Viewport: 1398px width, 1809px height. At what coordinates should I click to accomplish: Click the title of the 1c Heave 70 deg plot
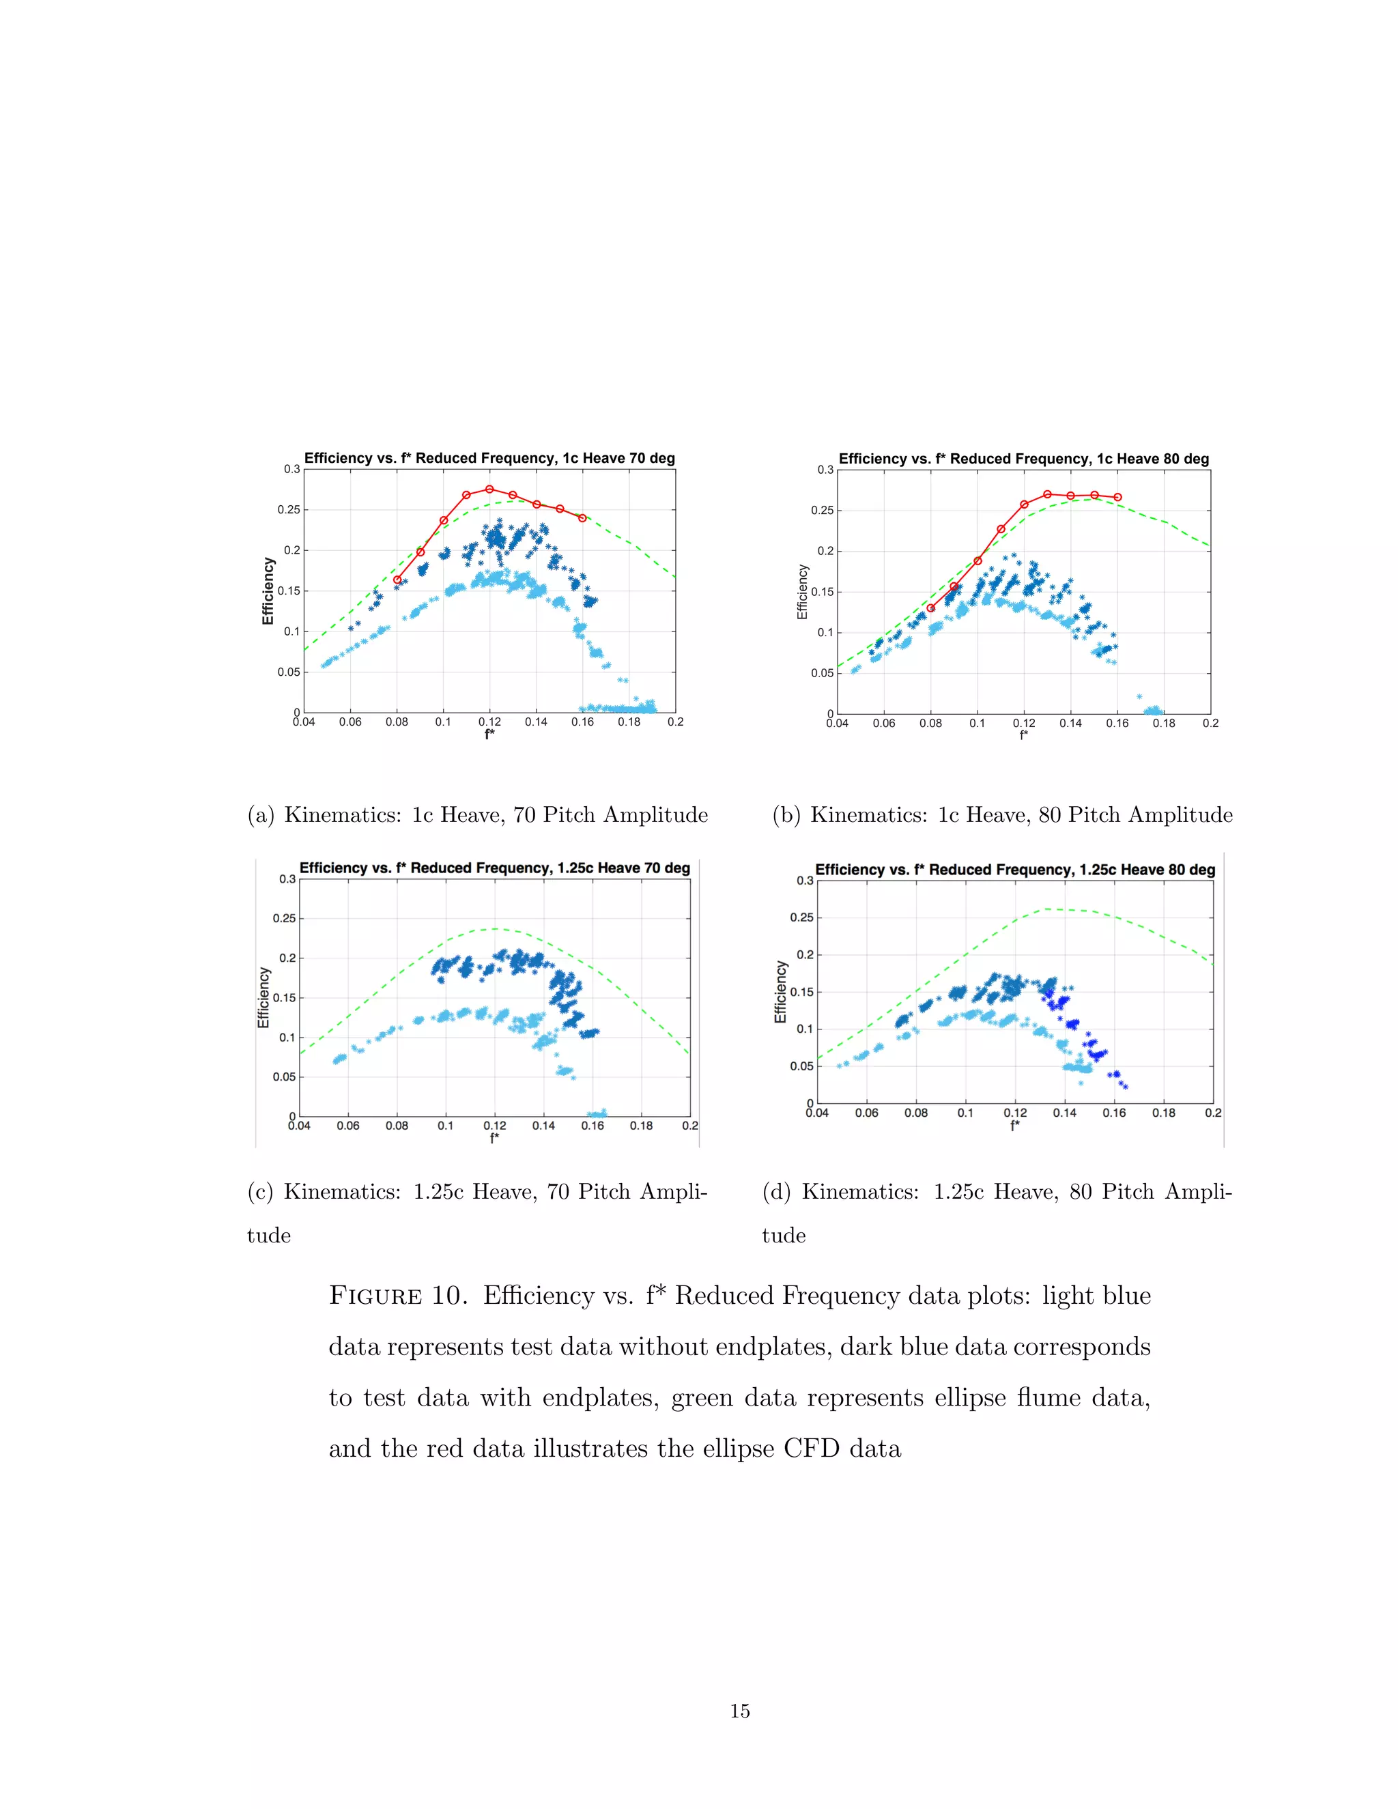pyautogui.click(x=489, y=458)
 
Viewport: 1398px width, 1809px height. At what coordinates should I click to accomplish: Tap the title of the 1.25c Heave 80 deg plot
pyautogui.click(x=1014, y=870)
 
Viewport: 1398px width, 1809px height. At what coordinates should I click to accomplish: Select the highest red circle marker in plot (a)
pyautogui.click(x=489, y=489)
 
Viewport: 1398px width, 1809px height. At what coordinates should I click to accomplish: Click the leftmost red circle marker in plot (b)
pyautogui.click(x=931, y=608)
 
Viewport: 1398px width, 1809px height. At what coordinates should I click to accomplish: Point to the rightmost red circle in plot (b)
pyautogui.click(x=1117, y=497)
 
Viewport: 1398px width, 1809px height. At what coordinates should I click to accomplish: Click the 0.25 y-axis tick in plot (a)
pyautogui.click(x=289, y=509)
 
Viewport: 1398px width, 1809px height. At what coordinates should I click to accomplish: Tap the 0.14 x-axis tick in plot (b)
pyautogui.click(x=1070, y=723)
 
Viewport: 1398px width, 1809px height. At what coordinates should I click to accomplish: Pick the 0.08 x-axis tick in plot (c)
pyautogui.click(x=397, y=1126)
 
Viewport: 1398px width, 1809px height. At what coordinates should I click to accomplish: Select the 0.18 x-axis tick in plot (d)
pyautogui.click(x=1164, y=1113)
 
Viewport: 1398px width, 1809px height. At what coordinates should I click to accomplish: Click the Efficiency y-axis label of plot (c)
pyautogui.click(x=264, y=997)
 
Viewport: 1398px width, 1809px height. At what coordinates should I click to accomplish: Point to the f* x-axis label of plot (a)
pyautogui.click(x=489, y=734)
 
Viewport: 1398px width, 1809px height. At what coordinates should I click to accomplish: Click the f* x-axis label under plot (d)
pyautogui.click(x=1014, y=1126)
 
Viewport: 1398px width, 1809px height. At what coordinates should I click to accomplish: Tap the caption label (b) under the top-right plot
pyautogui.click(x=786, y=815)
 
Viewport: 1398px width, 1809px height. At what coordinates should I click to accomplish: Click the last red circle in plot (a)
pyautogui.click(x=582, y=517)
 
